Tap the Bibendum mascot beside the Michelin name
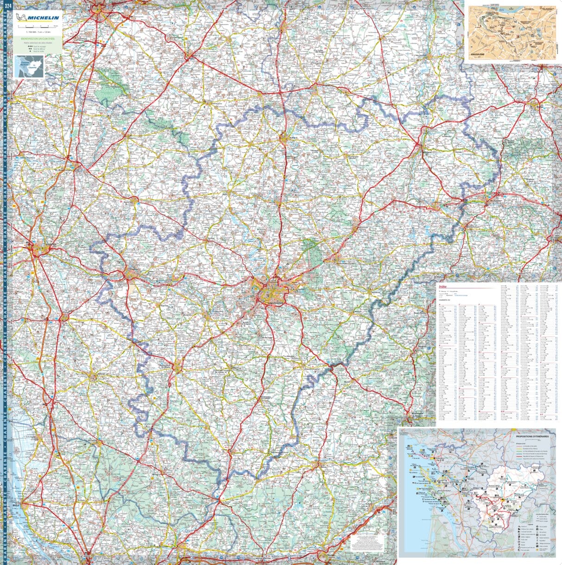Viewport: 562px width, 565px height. click(x=21, y=18)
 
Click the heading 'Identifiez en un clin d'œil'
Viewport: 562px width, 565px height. click(x=38, y=39)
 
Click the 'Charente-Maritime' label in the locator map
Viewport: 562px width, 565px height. click(x=23, y=63)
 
